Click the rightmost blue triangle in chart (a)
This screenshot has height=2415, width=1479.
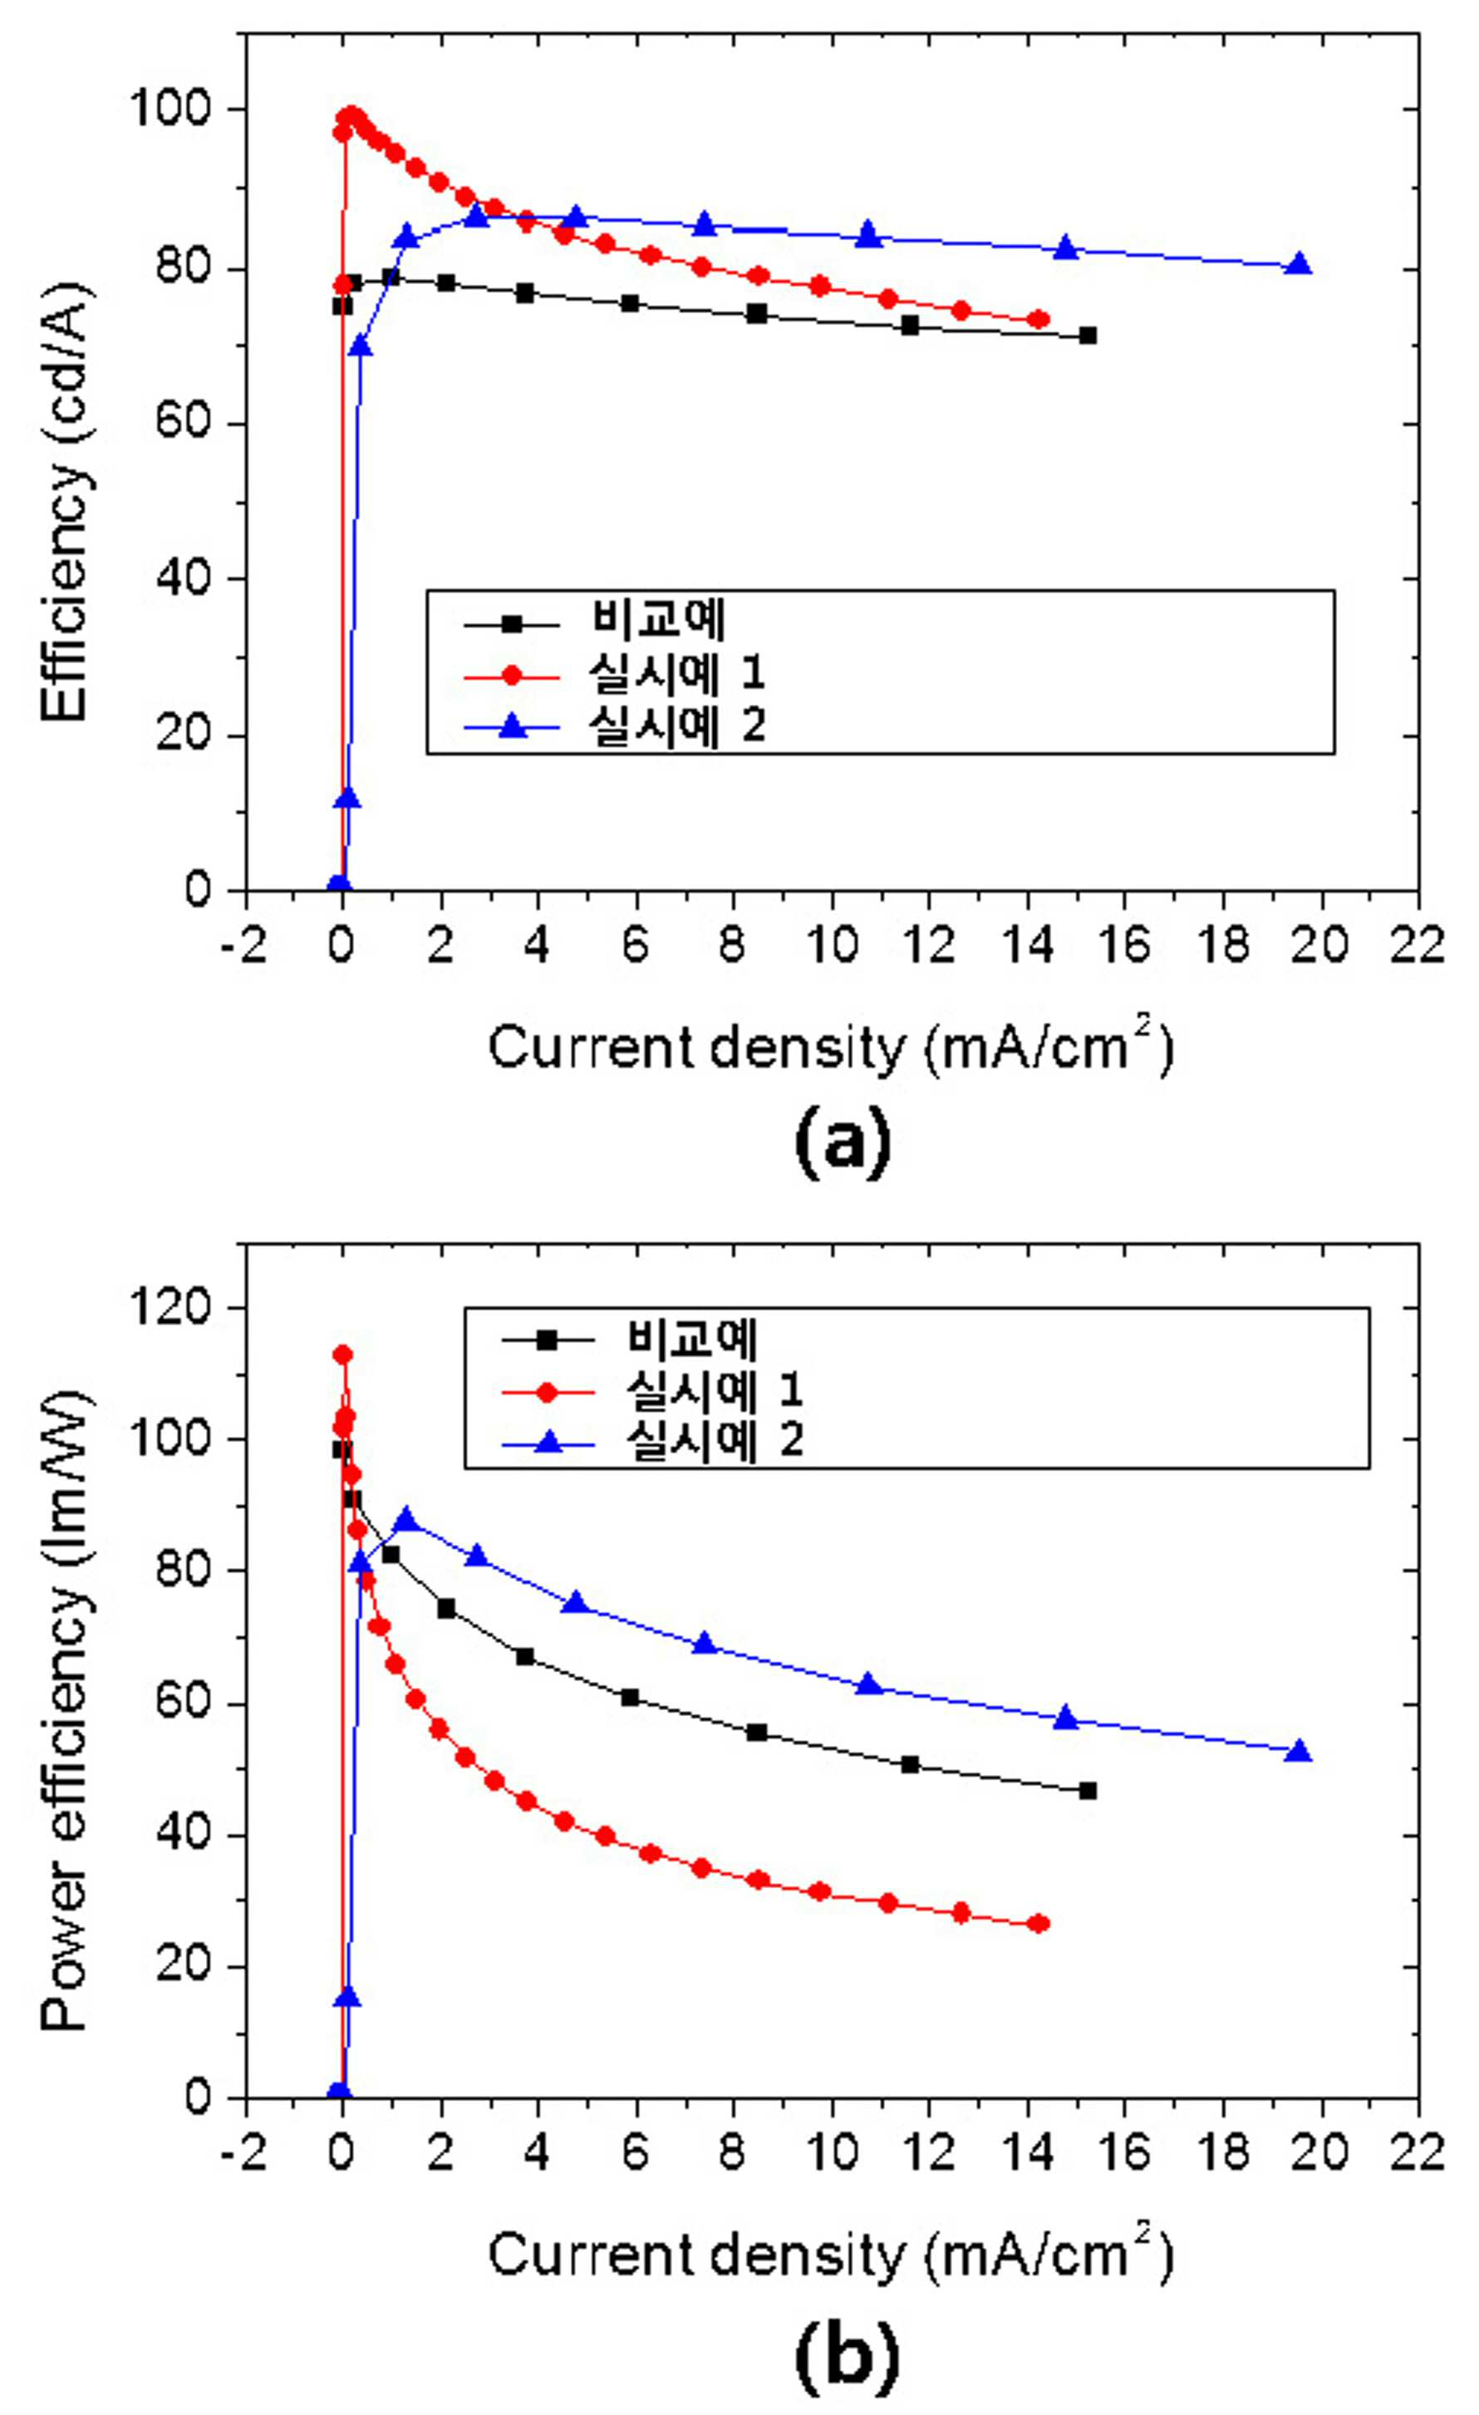1299,263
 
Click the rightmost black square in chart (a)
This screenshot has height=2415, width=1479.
1087,335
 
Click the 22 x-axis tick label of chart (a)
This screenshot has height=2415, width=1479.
1418,946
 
